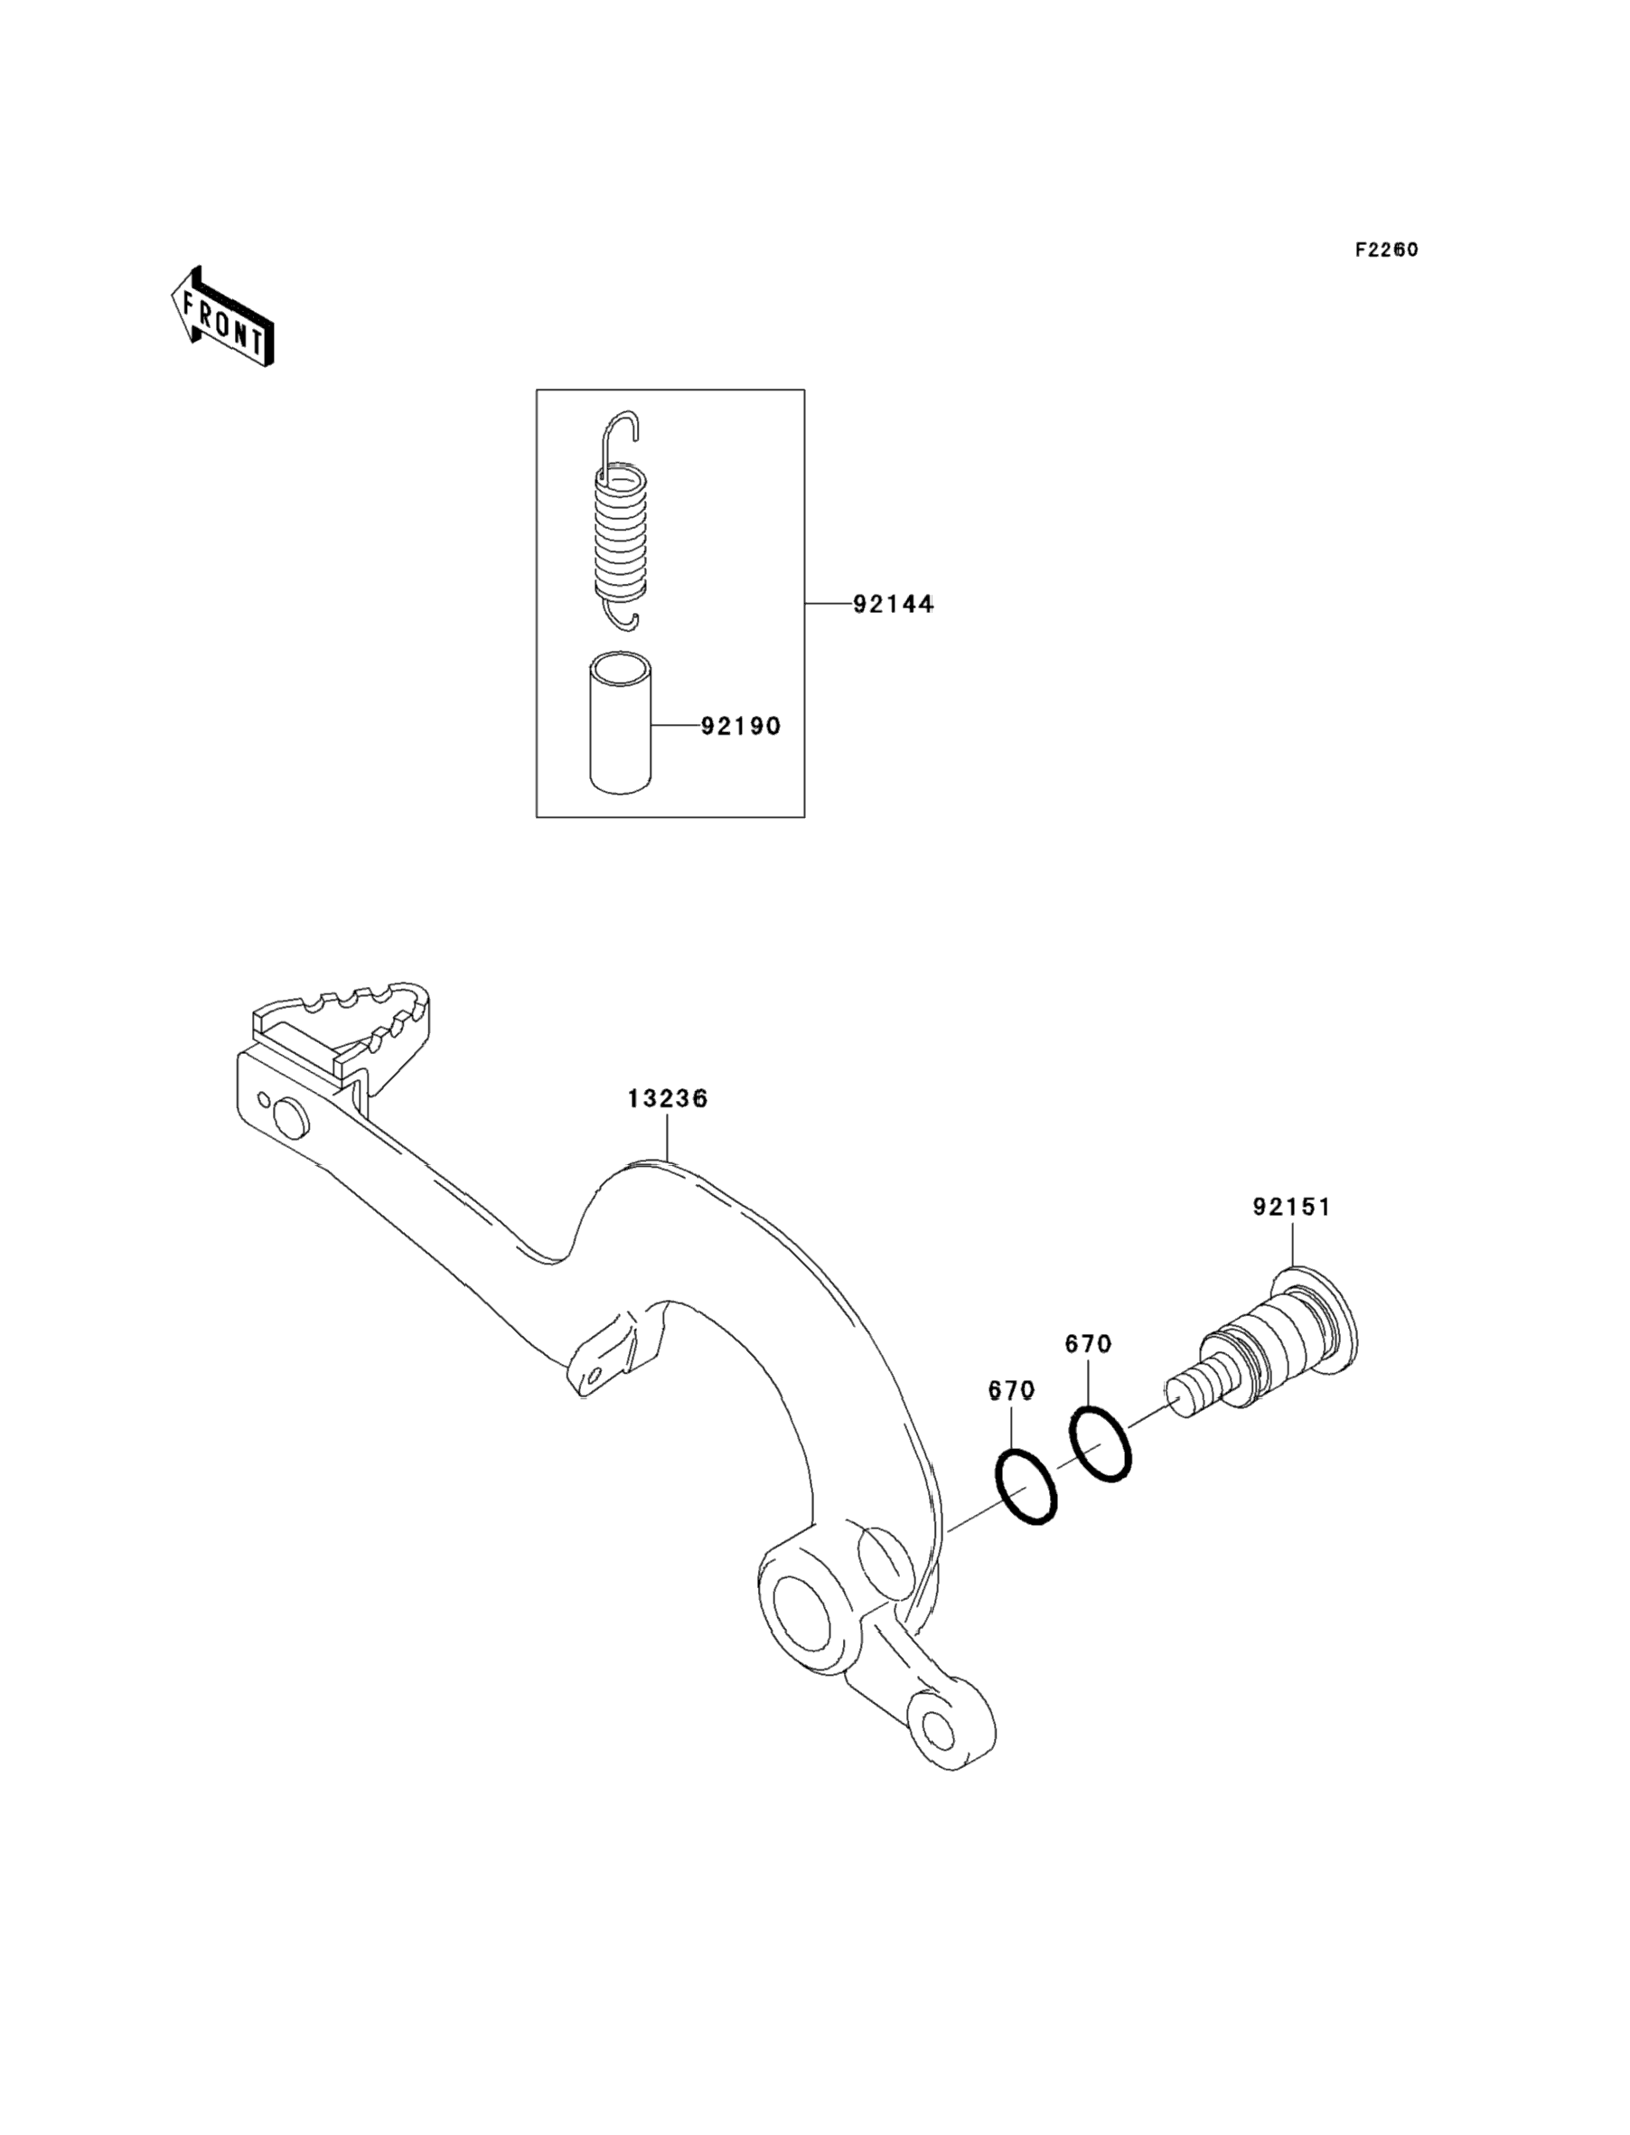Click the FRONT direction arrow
222,317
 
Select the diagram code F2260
1386,249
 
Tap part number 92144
893,604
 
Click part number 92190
740,725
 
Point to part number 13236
667,1098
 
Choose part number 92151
1291,1208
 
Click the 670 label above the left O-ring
1011,1391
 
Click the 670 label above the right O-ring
1088,1344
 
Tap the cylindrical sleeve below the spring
621,723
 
